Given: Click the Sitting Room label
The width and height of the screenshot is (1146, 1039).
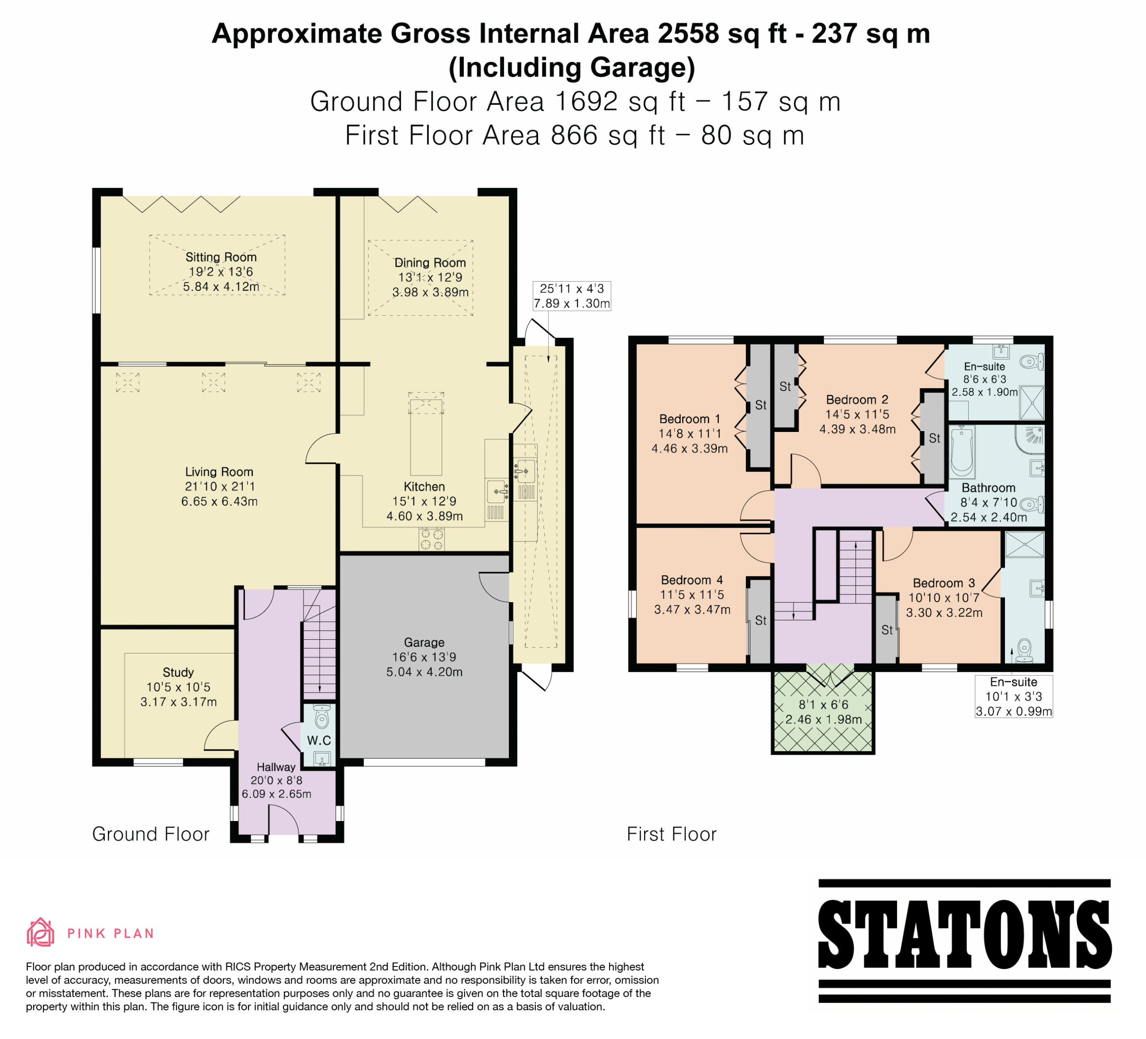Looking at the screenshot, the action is (221, 257).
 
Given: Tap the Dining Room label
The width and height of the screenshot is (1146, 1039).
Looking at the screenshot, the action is (430, 263).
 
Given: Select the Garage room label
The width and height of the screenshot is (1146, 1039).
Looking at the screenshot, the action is (424, 642).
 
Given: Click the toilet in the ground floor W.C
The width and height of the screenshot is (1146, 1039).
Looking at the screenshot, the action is (322, 717).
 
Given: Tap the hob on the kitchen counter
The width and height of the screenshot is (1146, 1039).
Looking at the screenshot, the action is (432, 539).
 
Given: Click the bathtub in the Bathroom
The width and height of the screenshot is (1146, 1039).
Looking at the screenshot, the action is (962, 452).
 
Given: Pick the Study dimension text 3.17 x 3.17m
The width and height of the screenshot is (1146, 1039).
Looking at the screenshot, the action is (179, 701).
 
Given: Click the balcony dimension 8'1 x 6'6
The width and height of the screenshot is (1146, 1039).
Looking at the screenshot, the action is (823, 705).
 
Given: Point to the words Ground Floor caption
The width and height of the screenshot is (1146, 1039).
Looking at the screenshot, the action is (151, 834).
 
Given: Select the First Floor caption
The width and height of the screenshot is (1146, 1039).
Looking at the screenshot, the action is (671, 834).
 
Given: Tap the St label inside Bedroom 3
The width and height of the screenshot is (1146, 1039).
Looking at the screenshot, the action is (887, 630).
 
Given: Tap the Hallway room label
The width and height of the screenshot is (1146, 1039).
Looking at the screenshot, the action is (276, 767).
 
